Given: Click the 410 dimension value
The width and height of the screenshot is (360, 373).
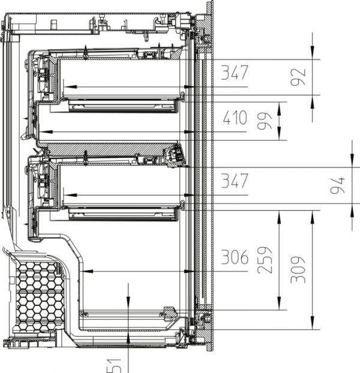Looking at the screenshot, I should pos(234,118).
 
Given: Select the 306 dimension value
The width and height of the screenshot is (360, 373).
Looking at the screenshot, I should pos(234,258).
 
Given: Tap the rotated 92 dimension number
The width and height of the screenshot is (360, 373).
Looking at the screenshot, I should pos(298,77).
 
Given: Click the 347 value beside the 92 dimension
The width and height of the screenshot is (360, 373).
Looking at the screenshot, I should pos(234,73).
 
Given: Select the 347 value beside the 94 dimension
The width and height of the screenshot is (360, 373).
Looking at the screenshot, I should pos(234,181).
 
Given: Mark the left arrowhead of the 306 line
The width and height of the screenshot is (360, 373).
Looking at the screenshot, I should pos(86,272).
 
